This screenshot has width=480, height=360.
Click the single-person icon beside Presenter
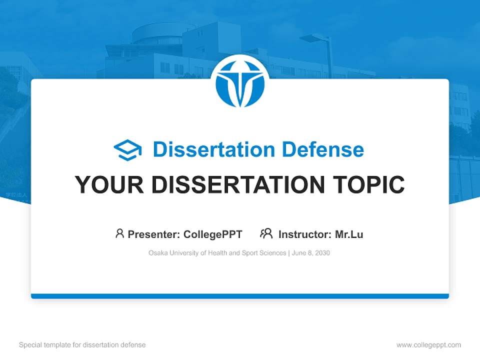click(x=119, y=233)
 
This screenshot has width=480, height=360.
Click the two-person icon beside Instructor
click(x=266, y=233)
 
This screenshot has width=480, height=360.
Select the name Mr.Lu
click(x=349, y=234)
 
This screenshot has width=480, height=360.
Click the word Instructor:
click(x=304, y=234)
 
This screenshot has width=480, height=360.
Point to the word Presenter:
click(x=154, y=234)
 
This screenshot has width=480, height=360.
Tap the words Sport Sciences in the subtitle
click(x=263, y=253)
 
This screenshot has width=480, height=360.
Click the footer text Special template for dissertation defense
click(x=82, y=345)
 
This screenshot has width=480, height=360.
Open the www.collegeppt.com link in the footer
click(x=428, y=345)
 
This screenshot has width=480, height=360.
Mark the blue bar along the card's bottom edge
click(x=240, y=296)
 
